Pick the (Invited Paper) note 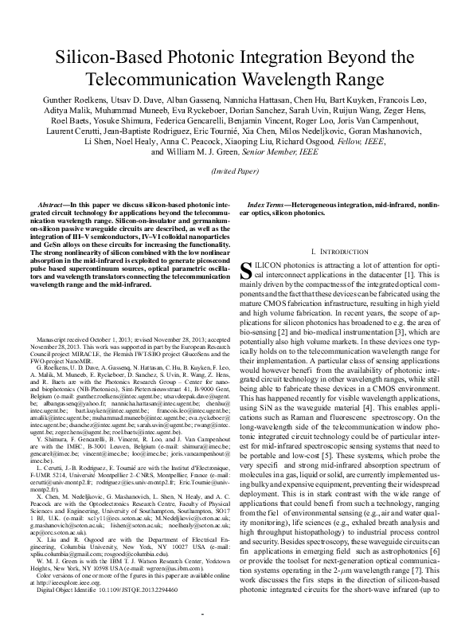tap(236, 171)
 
